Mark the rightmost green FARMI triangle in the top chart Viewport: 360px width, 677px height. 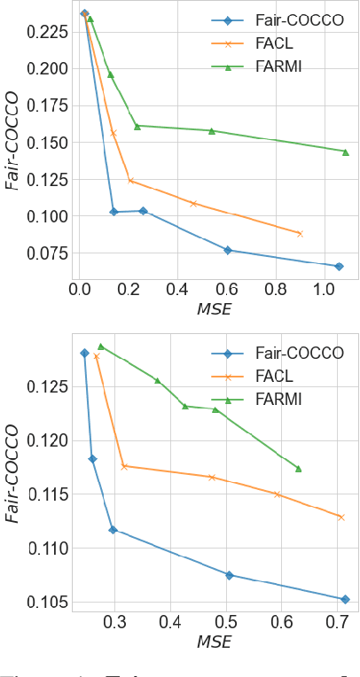point(345,152)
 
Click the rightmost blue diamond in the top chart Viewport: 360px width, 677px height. point(339,266)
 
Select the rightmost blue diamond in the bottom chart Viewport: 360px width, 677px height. point(345,599)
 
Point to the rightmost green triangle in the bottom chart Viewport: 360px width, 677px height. point(298,469)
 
